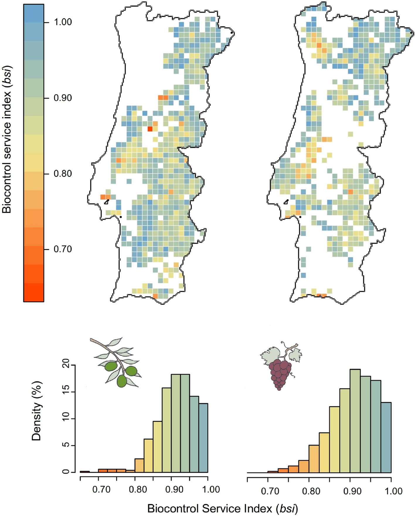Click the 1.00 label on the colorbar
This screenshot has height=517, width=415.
coord(63,22)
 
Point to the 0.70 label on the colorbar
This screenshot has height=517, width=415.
coord(63,249)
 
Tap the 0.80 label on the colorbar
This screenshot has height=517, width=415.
coord(63,174)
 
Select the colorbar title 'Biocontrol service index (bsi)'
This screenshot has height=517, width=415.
coord(6,139)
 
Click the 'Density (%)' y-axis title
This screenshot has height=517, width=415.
coord(37,411)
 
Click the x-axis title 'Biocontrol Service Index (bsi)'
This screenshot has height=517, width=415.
coord(222,509)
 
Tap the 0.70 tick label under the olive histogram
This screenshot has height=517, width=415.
coord(101,489)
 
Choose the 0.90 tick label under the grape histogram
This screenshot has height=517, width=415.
coord(352,491)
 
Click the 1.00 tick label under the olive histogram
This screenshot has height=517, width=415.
coord(211,489)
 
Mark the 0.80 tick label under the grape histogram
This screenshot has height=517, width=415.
coord(311,491)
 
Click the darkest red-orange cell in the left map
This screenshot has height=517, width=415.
coord(150,129)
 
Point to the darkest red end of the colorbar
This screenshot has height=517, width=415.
coord(34,296)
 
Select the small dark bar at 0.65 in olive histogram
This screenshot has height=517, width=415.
coord(85,472)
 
